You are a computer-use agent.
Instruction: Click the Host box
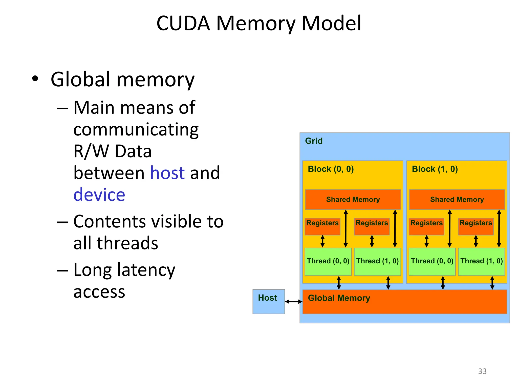(x=269, y=301)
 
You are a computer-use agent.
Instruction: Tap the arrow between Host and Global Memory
(x=294, y=301)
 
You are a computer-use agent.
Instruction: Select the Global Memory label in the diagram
(x=339, y=298)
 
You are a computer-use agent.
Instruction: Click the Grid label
(x=314, y=141)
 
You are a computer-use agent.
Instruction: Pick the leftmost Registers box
(x=322, y=226)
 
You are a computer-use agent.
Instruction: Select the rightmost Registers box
(x=476, y=226)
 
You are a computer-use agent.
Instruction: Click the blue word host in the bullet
(x=167, y=173)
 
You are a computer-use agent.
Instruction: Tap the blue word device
(x=99, y=195)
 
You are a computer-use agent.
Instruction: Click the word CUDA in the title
(x=183, y=23)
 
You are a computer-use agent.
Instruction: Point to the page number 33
(x=482, y=371)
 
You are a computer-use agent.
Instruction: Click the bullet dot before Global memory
(x=35, y=79)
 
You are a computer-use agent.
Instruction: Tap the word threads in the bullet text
(x=127, y=243)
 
